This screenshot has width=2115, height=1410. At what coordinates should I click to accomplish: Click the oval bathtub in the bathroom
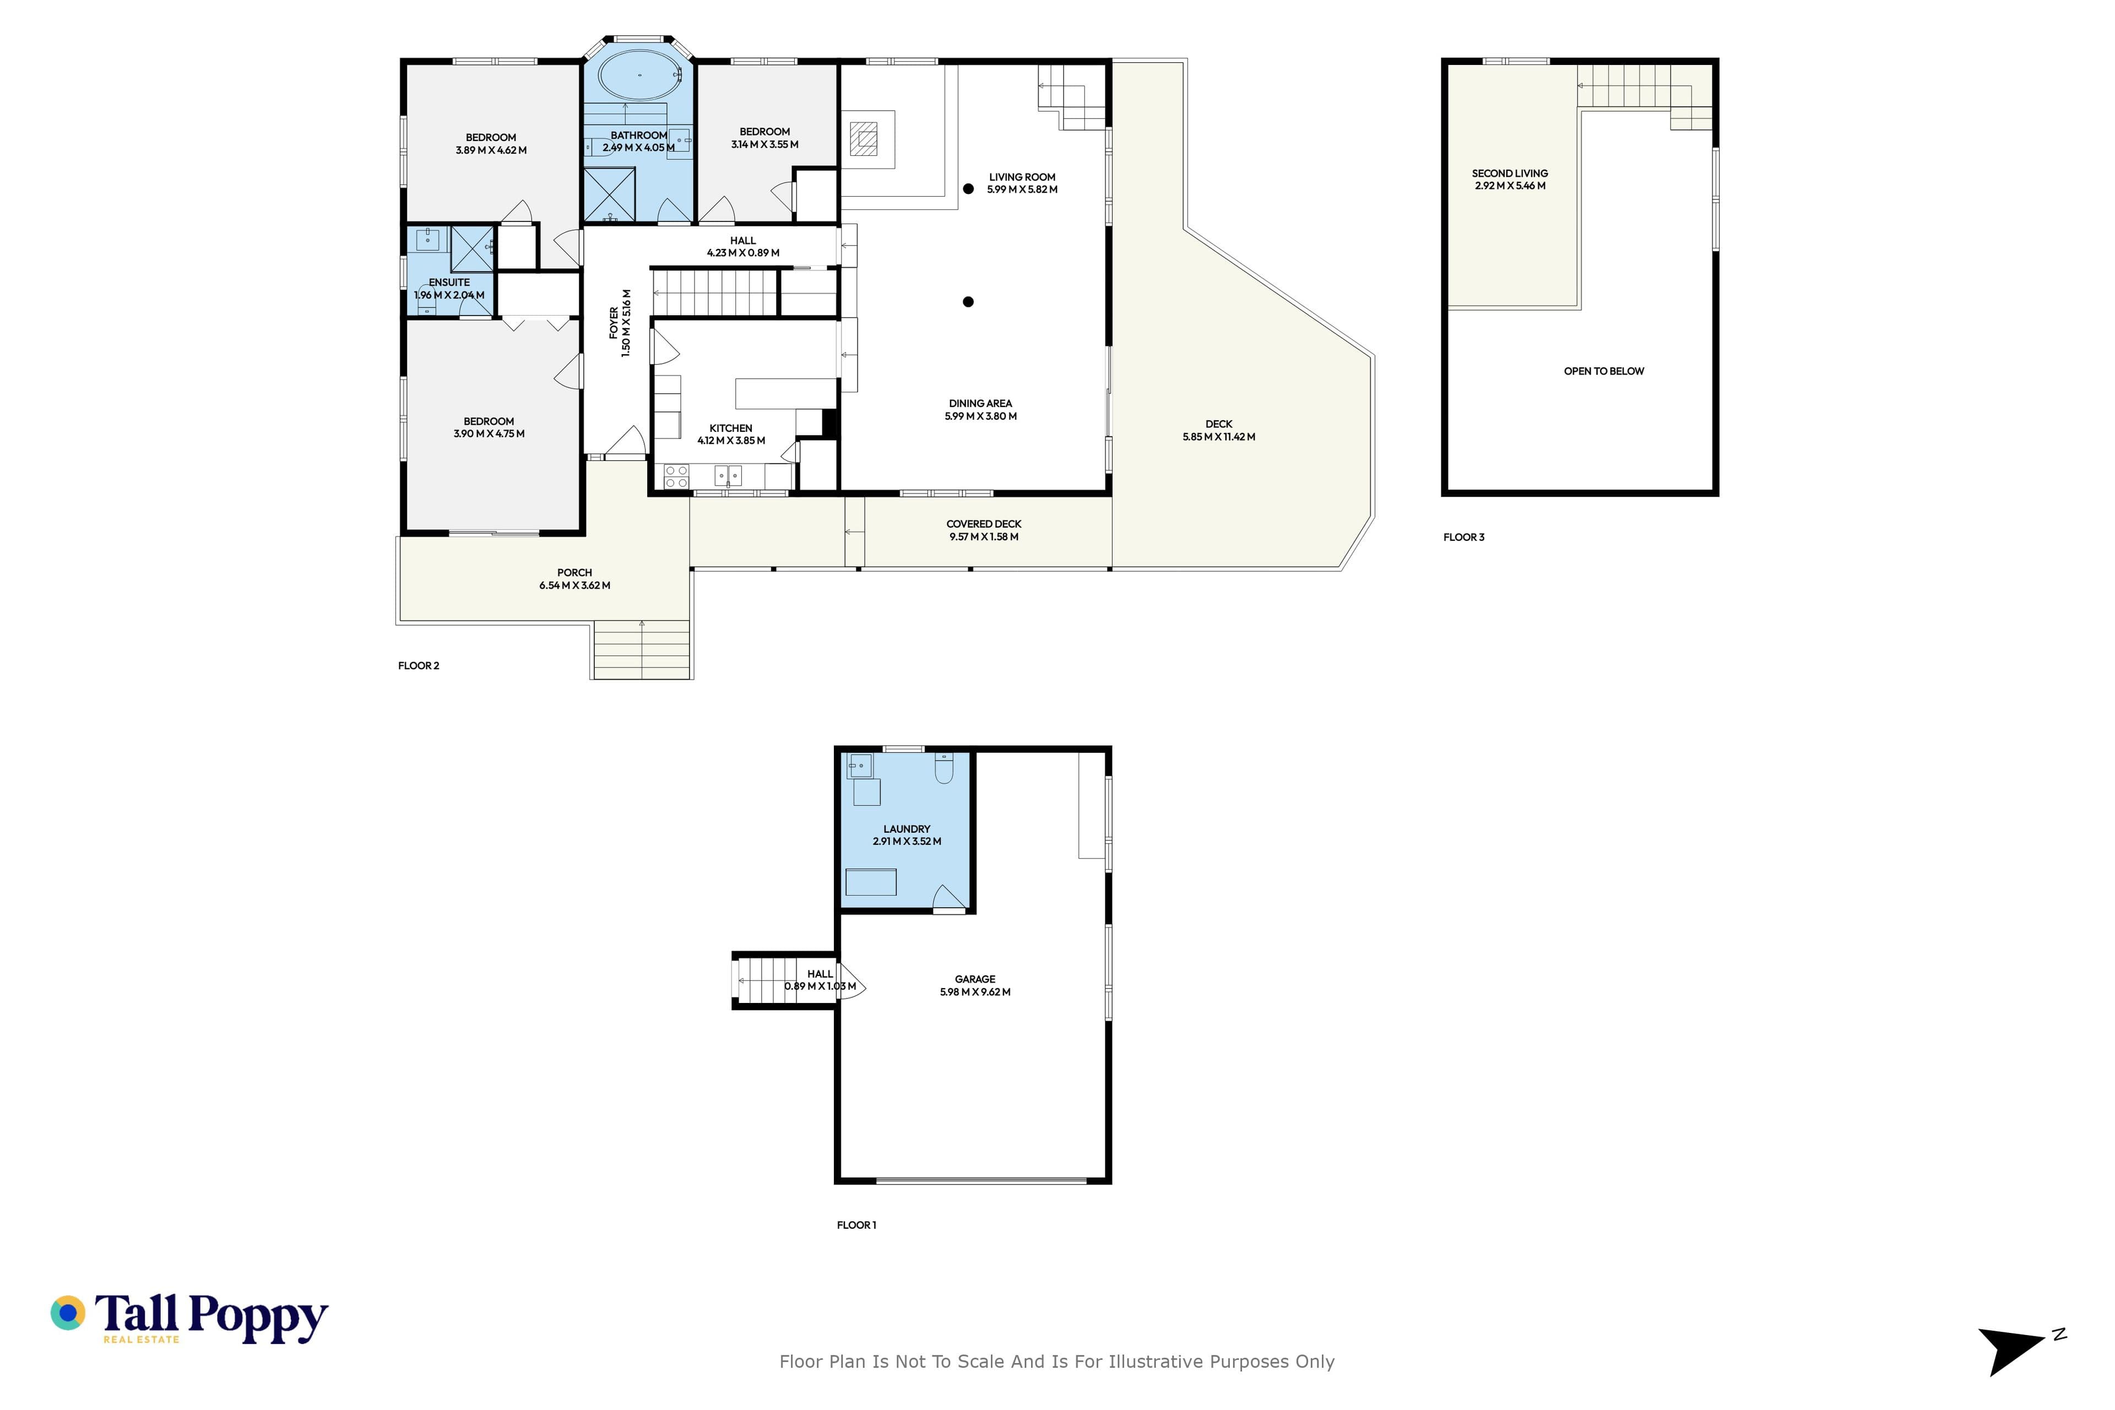click(639, 75)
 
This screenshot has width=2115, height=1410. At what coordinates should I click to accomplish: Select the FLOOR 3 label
click(1464, 537)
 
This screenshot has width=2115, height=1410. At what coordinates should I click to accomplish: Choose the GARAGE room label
click(975, 979)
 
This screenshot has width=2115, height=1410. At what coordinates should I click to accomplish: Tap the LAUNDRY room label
click(907, 829)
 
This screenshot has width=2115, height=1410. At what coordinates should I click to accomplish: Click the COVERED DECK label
click(984, 524)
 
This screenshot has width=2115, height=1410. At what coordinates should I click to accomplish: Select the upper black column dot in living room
click(968, 189)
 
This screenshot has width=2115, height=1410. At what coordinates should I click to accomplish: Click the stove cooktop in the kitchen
click(676, 476)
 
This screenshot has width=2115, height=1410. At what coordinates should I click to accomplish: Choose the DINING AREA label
click(980, 404)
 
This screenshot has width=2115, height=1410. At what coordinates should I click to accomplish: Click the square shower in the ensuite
click(472, 248)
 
